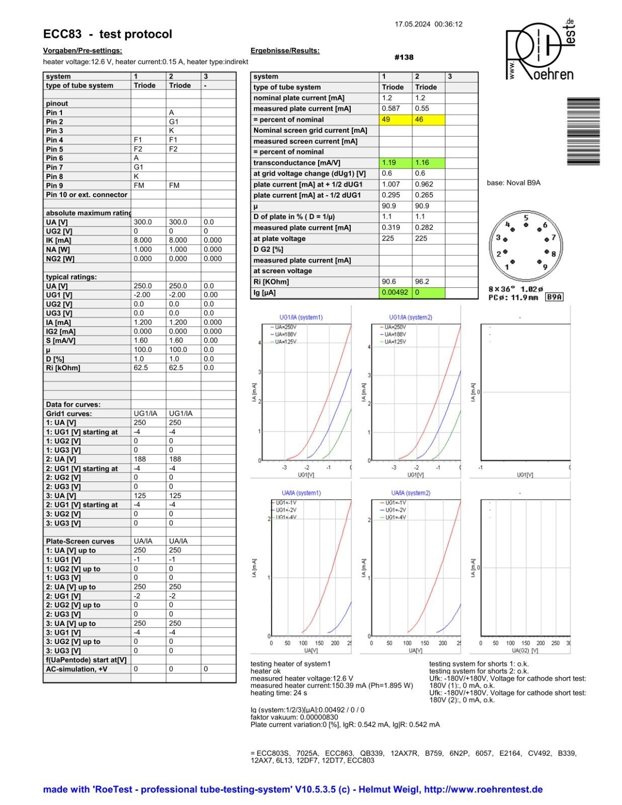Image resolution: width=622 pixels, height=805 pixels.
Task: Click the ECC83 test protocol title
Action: tap(108, 34)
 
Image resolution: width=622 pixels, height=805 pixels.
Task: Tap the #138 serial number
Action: tap(404, 57)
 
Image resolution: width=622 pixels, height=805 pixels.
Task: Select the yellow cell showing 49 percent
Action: tap(395, 120)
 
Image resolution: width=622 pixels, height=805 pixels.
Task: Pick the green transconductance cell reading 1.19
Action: tap(395, 163)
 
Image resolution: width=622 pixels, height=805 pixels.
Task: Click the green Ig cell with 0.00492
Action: tap(395, 292)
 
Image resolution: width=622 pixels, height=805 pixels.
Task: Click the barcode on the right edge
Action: tap(583, 131)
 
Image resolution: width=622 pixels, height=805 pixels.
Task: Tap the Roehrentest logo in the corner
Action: tap(540, 50)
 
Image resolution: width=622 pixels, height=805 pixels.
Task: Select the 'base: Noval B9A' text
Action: tap(513, 183)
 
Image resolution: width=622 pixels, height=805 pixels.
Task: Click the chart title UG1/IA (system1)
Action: tap(301, 317)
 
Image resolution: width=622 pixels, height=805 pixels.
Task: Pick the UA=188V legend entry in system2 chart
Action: tap(395, 335)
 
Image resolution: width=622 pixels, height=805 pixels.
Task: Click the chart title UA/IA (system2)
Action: tap(411, 493)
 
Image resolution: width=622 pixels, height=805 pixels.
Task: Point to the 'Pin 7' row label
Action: tap(54, 167)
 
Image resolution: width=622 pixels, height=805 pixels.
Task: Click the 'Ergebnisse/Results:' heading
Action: tap(285, 51)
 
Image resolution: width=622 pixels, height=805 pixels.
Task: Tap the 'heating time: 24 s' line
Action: tap(279, 693)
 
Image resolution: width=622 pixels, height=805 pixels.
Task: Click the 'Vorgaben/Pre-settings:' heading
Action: tap(83, 51)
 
